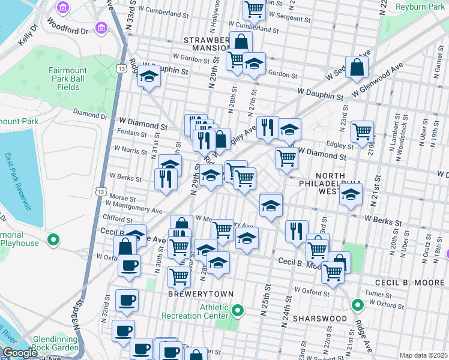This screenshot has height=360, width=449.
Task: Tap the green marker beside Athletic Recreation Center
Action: pos(238,311)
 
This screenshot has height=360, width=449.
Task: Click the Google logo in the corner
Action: pos(19,353)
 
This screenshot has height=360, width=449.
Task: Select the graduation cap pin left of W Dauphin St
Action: pos(148,76)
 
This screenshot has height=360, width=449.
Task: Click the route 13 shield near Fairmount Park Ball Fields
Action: pos(122,69)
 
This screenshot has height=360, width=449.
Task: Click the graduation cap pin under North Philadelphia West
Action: pos(351,195)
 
